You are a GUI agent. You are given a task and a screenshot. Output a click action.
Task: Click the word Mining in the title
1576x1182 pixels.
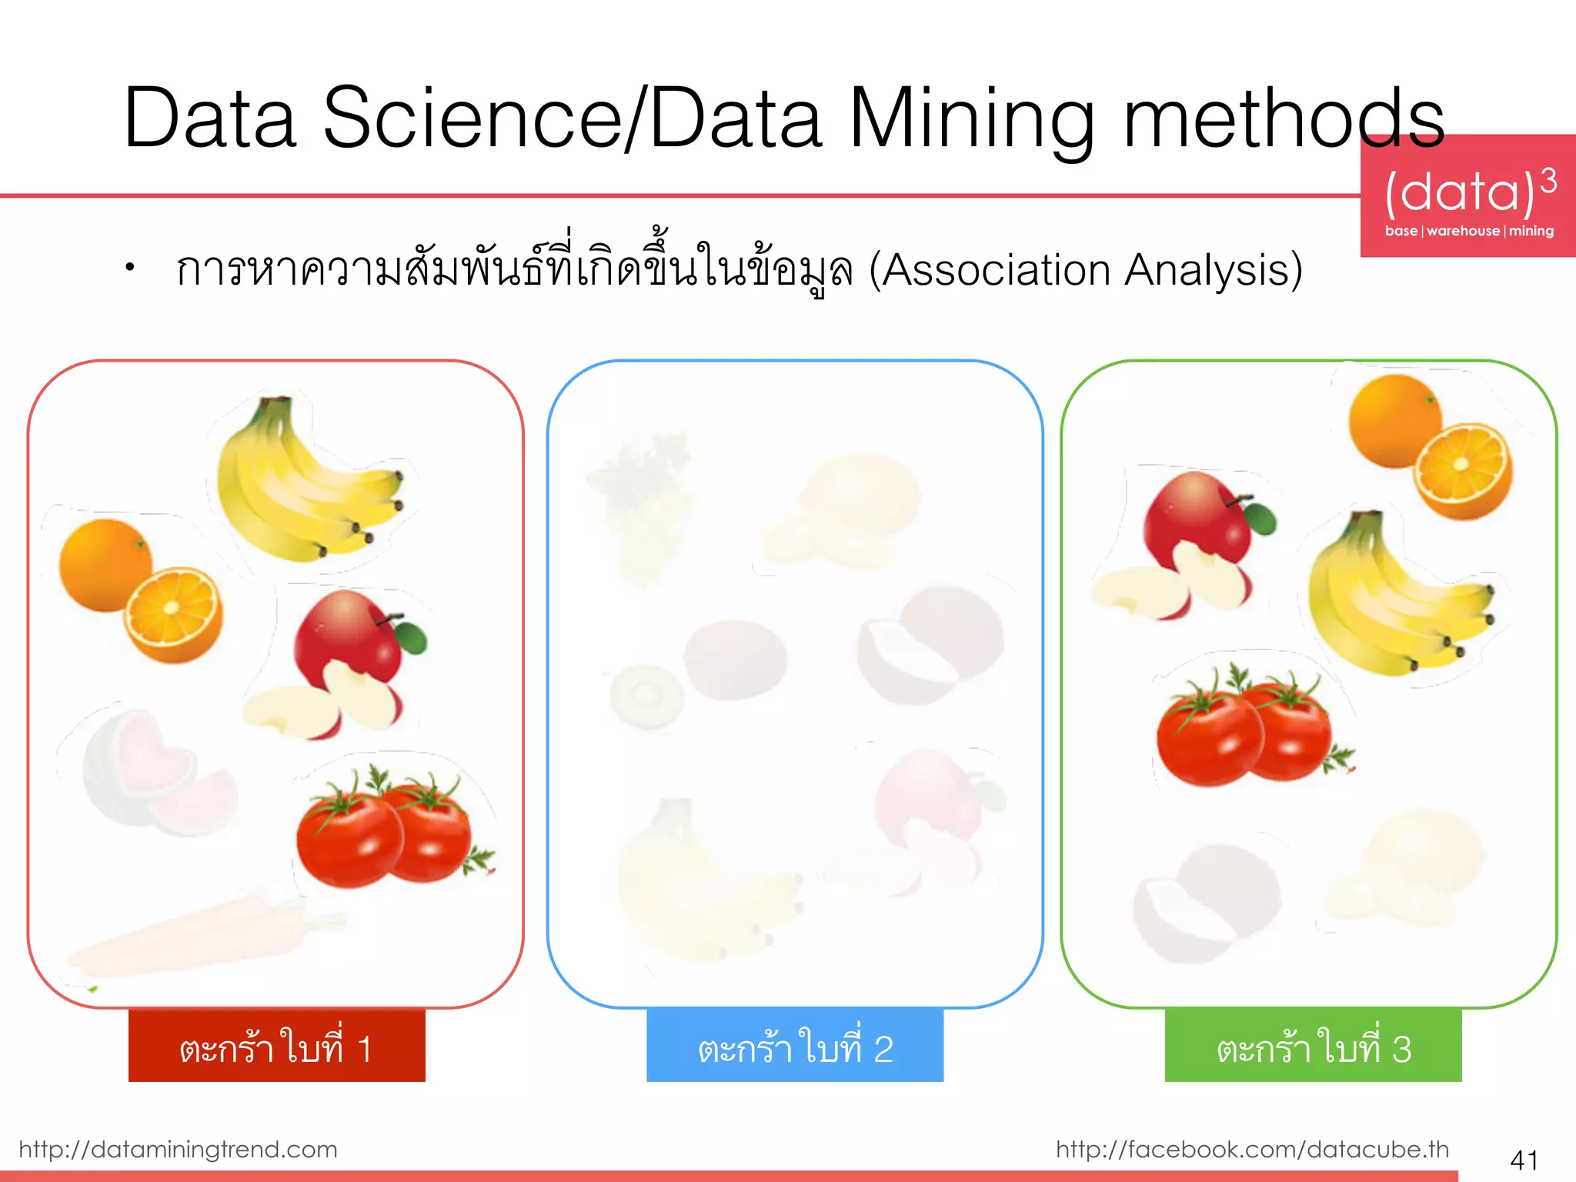click(971, 119)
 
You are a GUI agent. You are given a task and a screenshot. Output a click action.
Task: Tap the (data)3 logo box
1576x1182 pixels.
click(1468, 197)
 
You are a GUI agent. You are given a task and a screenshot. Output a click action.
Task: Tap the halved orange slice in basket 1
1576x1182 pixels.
click(175, 613)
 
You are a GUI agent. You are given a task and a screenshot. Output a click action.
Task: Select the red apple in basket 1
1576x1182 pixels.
click(346, 639)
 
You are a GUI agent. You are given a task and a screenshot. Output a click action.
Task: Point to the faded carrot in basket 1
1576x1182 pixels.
click(192, 939)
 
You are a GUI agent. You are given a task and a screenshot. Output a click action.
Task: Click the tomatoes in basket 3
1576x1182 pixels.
click(1247, 731)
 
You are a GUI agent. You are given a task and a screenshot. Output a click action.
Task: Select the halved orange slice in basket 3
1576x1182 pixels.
click(1462, 469)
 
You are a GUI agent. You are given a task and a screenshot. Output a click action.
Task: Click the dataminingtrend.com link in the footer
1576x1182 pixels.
click(178, 1149)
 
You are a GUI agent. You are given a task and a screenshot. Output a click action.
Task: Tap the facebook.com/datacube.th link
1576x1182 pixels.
click(1252, 1149)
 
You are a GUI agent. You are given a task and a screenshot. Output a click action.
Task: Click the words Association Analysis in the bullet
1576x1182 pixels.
click(1085, 271)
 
